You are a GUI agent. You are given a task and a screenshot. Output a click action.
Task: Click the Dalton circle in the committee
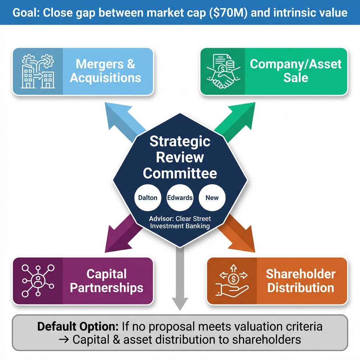[148, 198]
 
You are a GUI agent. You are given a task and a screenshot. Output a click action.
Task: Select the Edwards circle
[180, 198]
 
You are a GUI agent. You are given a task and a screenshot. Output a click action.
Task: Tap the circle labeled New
[212, 198]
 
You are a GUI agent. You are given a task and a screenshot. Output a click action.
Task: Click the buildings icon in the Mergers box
[38, 72]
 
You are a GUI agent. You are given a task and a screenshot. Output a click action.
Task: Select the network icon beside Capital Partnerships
[38, 281]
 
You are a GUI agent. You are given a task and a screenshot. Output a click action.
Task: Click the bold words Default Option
[78, 327]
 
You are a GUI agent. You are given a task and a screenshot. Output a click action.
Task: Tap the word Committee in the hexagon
[180, 173]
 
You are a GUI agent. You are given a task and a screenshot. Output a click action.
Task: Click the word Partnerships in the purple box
[107, 288]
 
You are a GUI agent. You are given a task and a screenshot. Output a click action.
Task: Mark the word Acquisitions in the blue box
[105, 78]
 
